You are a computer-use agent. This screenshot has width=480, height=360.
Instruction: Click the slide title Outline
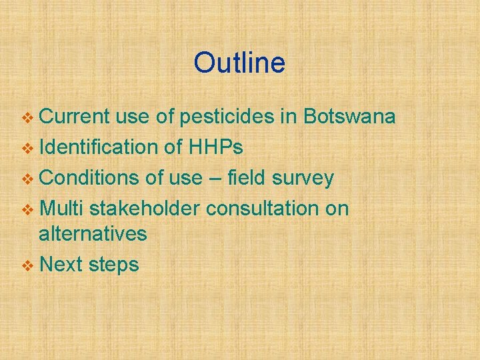(239, 63)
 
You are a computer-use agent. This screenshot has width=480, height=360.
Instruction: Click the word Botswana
(349, 117)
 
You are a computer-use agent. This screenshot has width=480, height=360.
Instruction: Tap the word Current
(74, 117)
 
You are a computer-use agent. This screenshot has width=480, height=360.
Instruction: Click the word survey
(300, 178)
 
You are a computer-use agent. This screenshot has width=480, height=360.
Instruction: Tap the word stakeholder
(144, 209)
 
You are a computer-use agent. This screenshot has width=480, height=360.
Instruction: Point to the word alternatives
(93, 234)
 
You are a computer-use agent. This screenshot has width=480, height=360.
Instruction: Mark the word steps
(112, 265)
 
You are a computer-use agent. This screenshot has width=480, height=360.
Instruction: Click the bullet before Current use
(27, 119)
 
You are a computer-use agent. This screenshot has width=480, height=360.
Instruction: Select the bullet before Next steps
(27, 266)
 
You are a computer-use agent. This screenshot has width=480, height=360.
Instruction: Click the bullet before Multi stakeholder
(27, 210)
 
